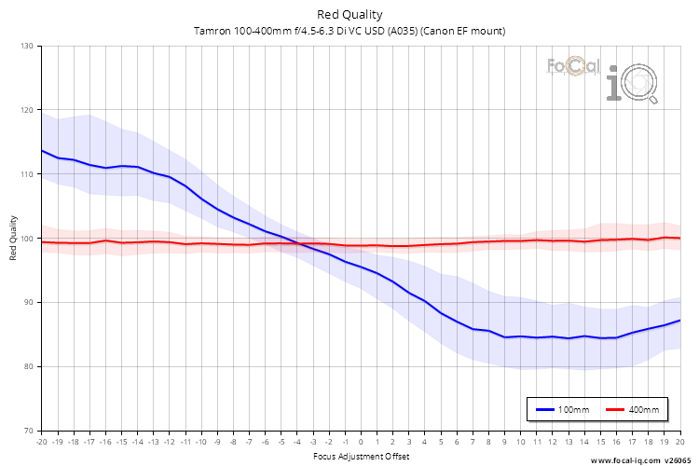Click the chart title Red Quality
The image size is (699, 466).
pyautogui.click(x=349, y=14)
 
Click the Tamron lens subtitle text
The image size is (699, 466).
pyautogui.click(x=349, y=31)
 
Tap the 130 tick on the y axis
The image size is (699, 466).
pyautogui.click(x=26, y=46)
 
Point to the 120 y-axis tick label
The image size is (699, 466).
pyautogui.click(x=26, y=110)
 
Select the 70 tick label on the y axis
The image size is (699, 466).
pyautogui.click(x=28, y=431)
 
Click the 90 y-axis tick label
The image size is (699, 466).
pyautogui.click(x=28, y=302)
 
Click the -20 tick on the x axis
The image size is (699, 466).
pyautogui.click(x=41, y=443)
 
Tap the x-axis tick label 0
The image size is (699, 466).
pyautogui.click(x=361, y=443)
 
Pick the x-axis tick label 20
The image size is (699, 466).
pyautogui.click(x=679, y=443)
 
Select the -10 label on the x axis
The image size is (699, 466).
pyautogui.click(x=200, y=443)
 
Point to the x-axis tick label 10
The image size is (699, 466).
pyautogui.click(x=520, y=443)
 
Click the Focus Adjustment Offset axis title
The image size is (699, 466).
pyautogui.click(x=361, y=456)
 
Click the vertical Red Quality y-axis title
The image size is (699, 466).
pyautogui.click(x=13, y=238)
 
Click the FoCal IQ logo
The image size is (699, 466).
pyautogui.click(x=601, y=76)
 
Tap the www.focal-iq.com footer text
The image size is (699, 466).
pyautogui.click(x=624, y=460)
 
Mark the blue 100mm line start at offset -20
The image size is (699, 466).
pyautogui.click(x=42, y=150)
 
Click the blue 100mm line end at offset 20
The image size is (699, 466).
pyautogui.click(x=679, y=321)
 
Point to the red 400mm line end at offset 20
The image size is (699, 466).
pyautogui.click(x=679, y=238)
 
